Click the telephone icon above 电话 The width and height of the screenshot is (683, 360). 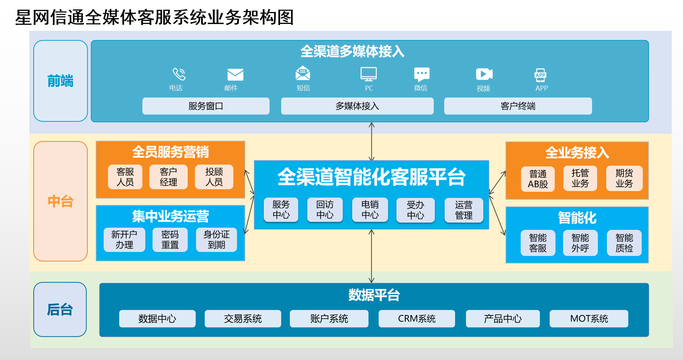pos(179,74)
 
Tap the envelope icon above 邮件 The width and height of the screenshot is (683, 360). pos(235,75)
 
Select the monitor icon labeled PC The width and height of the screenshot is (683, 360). pos(368,74)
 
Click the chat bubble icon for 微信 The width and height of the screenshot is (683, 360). pos(421,74)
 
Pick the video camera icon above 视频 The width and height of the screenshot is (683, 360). pos(484,74)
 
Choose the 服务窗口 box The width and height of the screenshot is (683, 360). pos(206,106)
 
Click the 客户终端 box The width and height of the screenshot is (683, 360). pos(518,106)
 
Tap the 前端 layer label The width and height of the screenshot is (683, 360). pos(61,81)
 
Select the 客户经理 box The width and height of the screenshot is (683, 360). pos(168,177)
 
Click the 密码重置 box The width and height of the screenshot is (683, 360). pos(170,240)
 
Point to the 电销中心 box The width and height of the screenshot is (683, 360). pos(370,210)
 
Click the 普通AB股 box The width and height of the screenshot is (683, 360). pos(538,179)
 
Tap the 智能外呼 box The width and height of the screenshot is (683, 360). pos(580,243)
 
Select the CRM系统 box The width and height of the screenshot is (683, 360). pos(417,319)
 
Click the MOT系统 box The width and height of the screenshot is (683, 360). pos(589,319)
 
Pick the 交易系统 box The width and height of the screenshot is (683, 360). pos(243,319)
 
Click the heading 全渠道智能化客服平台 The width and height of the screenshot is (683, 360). pos(371,177)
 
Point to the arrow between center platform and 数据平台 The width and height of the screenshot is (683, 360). pos(371,256)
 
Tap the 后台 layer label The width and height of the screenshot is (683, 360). pos(60,310)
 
